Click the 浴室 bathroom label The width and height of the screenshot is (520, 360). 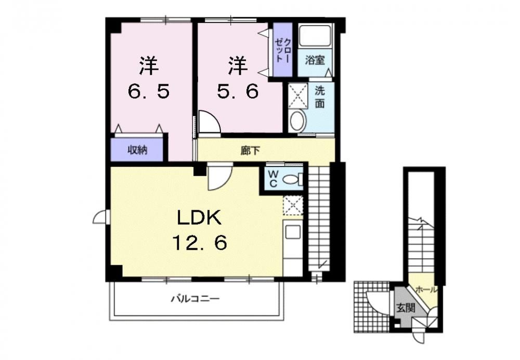[315, 60]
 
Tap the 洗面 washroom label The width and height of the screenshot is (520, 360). [320, 97]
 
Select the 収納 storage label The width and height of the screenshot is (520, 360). [138, 150]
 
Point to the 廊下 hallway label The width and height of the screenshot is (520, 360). [250, 151]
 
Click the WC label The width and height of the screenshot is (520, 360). [273, 179]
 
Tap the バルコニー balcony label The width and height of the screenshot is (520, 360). [196, 299]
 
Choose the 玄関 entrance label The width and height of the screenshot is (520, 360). [406, 308]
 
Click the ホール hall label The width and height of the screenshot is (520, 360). [426, 290]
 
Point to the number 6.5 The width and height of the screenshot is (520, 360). [149, 91]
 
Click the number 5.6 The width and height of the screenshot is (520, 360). [238, 91]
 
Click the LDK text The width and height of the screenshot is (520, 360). [199, 218]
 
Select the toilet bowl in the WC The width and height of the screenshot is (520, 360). [291, 179]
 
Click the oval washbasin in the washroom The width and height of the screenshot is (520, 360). [297, 121]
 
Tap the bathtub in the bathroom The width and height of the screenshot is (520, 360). [315, 35]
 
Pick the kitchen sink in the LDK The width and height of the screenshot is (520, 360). [293, 232]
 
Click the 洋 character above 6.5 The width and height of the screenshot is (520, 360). [149, 66]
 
